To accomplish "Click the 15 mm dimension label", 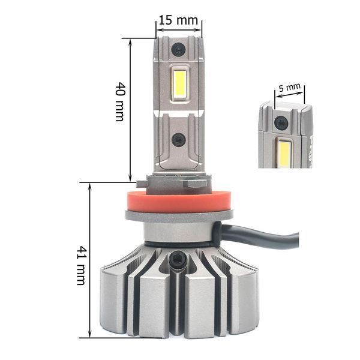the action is point(178,20).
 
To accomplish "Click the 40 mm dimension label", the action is point(121,101).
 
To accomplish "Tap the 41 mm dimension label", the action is point(82,265).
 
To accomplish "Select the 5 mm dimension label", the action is point(289,88).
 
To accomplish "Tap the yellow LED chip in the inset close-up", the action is point(284,154).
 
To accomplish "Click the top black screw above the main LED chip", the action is point(178,49).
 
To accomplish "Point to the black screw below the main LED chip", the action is point(179,139).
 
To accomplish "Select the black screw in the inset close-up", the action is point(281,122).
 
